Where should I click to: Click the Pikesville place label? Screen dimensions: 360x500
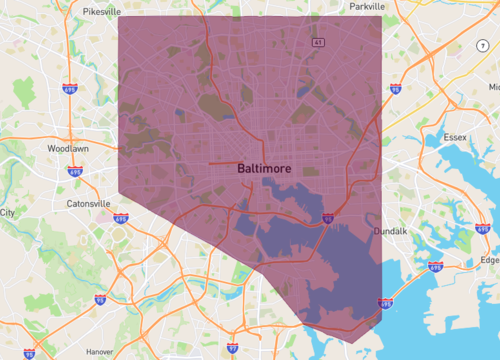click(102, 11)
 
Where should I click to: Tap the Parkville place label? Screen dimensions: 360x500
click(367, 6)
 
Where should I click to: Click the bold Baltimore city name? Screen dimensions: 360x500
click(266, 169)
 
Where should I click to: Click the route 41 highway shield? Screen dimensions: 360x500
click(317, 43)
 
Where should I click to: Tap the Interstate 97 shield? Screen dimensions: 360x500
click(232, 348)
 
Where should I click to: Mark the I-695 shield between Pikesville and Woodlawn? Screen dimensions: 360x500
click(70, 89)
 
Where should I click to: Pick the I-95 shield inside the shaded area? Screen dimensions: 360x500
click(328, 215)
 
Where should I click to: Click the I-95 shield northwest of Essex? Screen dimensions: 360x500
click(395, 89)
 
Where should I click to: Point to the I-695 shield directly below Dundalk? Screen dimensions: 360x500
click(435, 267)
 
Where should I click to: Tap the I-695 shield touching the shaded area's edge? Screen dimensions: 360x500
click(384, 303)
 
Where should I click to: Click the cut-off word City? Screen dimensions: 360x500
click(7, 213)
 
